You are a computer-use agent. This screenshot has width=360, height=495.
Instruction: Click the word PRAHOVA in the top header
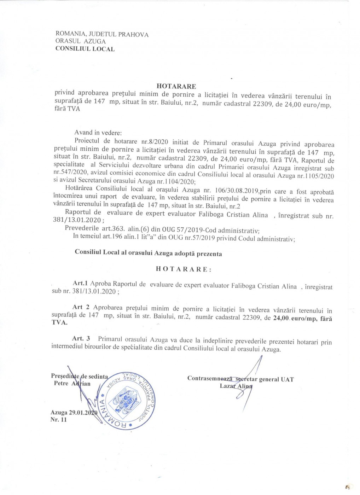[133, 35]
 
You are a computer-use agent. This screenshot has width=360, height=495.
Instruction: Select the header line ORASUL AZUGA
[80, 41]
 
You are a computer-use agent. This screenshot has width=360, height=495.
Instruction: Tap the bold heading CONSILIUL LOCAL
[85, 49]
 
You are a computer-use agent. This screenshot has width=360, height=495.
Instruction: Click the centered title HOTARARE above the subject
[176, 86]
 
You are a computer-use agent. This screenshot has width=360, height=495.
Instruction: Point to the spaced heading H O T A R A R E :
[184, 269]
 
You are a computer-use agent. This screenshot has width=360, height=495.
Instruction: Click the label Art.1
[80, 283]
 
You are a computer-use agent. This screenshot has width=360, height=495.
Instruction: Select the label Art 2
[81, 307]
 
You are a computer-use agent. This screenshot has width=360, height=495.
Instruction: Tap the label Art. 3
[81, 338]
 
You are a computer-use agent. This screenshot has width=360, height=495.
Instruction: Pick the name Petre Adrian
[72, 384]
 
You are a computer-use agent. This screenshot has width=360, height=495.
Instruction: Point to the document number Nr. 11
[58, 420]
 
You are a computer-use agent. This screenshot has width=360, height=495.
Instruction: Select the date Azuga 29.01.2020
[74, 413]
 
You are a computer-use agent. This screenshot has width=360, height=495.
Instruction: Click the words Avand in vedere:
[98, 133]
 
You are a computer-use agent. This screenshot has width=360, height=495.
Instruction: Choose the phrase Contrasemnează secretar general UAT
[240, 379]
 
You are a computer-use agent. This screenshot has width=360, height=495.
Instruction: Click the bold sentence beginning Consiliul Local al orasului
[148, 253]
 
